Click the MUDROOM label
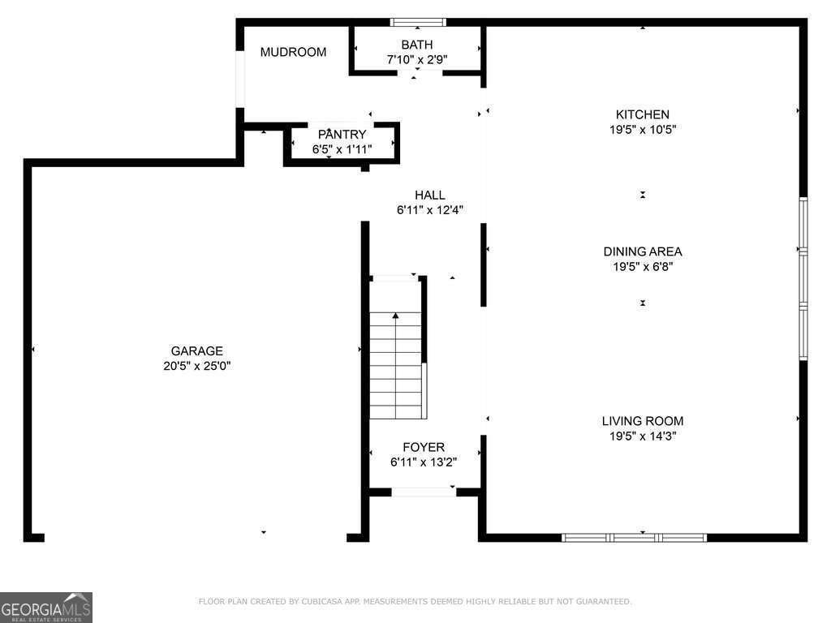click(293, 52)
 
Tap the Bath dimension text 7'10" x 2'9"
click(417, 59)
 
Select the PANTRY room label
click(342, 135)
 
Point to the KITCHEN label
click(643, 114)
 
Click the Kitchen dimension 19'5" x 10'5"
click(643, 129)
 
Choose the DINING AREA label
click(643, 251)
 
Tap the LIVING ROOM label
click(643, 421)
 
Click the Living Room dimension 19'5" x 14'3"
click(643, 436)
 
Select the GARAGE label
click(196, 350)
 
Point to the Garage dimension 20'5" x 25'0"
click(196, 366)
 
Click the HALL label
click(430, 195)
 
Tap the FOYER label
click(424, 447)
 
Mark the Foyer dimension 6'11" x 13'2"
click(424, 462)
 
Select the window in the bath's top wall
click(418, 22)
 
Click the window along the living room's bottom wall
click(634, 538)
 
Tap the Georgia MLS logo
click(46, 607)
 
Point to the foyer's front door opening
click(424, 492)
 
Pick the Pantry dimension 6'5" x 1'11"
click(342, 149)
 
